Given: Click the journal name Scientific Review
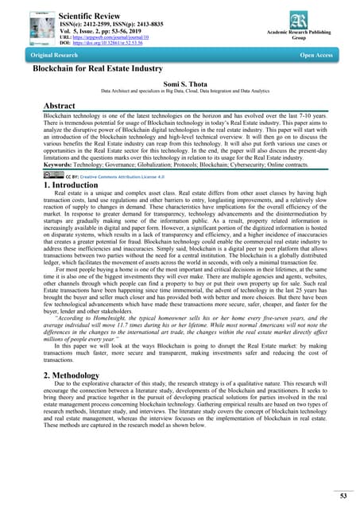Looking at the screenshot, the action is [x=94, y=14].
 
